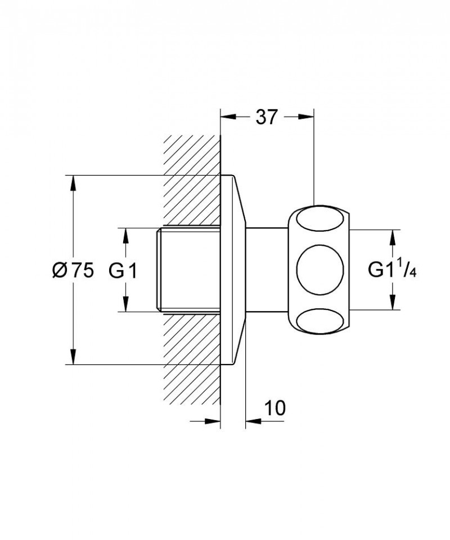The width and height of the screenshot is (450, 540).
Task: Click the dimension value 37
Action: [267, 118]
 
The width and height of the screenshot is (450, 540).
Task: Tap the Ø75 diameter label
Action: [73, 271]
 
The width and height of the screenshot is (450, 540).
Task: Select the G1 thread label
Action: [123, 271]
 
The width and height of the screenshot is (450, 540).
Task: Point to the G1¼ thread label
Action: [391, 271]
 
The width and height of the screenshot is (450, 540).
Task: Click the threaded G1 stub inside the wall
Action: [187, 269]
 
